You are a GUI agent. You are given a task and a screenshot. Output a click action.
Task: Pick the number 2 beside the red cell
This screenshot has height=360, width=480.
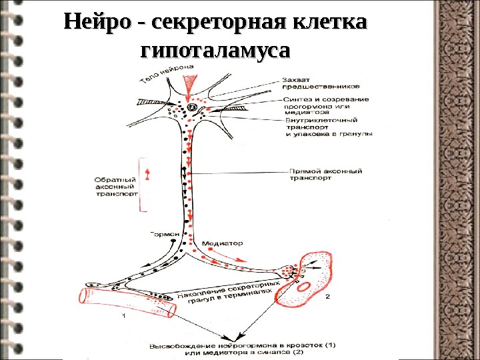point(327,295)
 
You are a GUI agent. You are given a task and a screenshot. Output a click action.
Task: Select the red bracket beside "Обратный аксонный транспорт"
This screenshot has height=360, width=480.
point(141,185)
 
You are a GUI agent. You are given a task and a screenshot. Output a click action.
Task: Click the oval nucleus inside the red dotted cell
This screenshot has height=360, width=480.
point(307,287)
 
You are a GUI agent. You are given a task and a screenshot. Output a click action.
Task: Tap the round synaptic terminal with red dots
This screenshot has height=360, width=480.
point(287,271)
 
